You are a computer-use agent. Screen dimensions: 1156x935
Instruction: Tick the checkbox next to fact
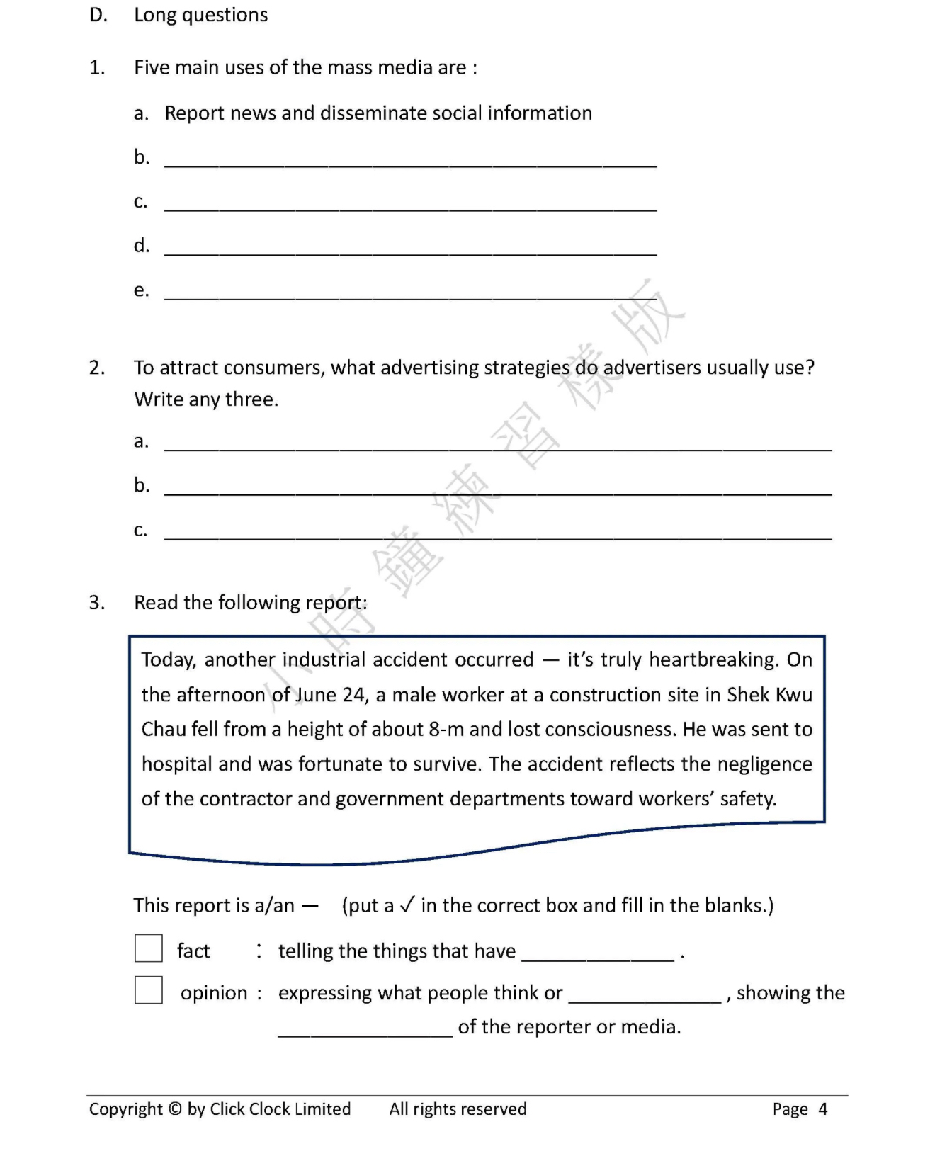[149, 948]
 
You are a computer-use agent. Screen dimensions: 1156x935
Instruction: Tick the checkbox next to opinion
[149, 990]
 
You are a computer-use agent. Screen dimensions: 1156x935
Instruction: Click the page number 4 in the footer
[822, 1109]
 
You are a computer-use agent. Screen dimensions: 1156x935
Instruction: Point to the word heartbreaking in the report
[714, 659]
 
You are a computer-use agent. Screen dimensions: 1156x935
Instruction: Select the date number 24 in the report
[353, 695]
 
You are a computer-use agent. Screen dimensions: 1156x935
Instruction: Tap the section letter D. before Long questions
[98, 15]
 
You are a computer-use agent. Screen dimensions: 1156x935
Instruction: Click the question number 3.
[97, 603]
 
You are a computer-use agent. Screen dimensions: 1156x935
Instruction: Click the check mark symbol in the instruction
[407, 905]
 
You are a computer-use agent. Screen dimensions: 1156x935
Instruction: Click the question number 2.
[97, 368]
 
